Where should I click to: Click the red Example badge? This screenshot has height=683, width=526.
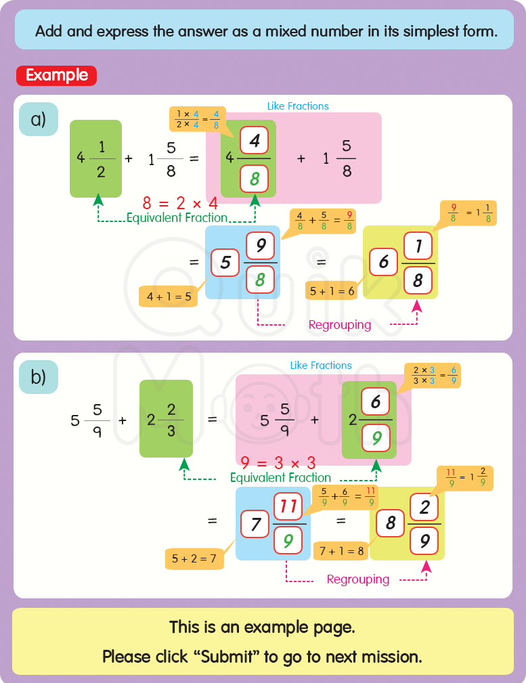point(56,75)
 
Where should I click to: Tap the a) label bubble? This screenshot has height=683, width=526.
point(38,119)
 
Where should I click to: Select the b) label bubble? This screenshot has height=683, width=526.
point(38,377)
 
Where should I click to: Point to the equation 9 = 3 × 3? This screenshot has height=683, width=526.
point(278,463)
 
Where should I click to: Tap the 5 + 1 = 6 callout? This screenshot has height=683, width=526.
point(332,291)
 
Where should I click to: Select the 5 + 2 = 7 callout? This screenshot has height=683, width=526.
point(194,558)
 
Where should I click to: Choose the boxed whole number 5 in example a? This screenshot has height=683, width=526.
point(225,263)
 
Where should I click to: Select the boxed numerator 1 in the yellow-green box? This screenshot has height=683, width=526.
point(418,247)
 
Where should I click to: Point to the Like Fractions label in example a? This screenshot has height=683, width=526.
point(298,106)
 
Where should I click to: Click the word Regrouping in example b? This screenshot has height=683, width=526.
point(357,579)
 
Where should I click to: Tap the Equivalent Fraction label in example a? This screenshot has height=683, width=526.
point(177,218)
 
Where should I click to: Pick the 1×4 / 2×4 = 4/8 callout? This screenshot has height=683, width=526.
point(197,119)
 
